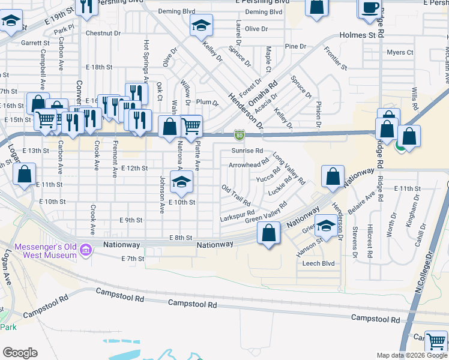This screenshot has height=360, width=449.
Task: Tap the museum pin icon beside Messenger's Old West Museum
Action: coord(86,249)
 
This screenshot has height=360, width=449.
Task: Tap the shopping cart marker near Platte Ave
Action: coord(191,125)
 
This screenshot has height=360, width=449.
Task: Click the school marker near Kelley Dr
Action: coord(201,25)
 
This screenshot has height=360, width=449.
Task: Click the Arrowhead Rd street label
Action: coord(249,164)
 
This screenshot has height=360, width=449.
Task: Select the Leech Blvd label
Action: coord(318,263)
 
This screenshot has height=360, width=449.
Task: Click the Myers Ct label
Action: coord(400,53)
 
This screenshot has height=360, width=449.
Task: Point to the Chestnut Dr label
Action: coord(100,33)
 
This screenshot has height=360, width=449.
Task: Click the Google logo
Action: coord(20,353)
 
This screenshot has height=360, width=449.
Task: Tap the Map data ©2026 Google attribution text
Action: coord(411,355)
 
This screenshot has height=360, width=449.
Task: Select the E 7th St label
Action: coord(133,259)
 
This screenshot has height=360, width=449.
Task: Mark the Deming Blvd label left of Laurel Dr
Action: coord(176,11)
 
